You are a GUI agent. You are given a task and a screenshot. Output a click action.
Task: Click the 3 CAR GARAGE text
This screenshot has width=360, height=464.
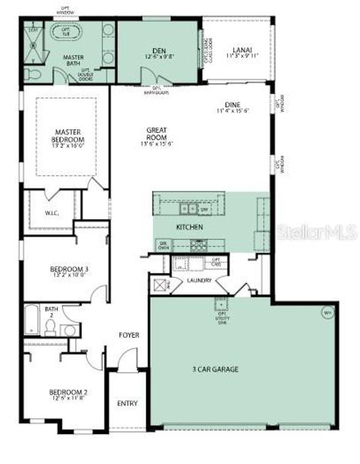(213, 369)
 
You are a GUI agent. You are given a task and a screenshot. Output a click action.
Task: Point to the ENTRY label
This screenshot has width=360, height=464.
(127, 403)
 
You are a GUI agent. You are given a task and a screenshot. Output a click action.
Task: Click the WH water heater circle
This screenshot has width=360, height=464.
(327, 312)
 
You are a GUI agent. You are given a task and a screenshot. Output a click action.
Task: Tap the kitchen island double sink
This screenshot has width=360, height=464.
(188, 208)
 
